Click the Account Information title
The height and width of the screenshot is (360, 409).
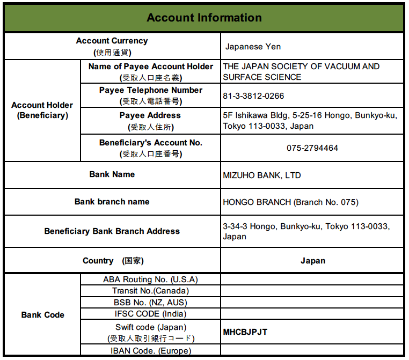coord(204,18)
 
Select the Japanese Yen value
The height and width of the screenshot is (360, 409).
coord(252,47)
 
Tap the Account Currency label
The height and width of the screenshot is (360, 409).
coord(112,41)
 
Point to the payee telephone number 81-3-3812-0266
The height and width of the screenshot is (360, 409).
coord(253,96)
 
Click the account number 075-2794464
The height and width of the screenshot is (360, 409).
coord(312,148)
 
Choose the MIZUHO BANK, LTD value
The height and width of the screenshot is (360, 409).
coord(261,175)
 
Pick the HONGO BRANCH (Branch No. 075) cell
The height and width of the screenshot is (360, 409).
coord(290,202)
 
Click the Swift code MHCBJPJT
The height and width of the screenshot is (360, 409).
coord(245,332)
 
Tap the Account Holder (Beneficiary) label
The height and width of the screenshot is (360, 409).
coord(42,110)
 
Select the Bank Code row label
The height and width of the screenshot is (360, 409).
coord(42,315)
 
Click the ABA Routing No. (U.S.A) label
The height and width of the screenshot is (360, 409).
coord(150,280)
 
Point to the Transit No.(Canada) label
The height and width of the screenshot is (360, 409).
coord(150,291)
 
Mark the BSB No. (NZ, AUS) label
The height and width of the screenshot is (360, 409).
coord(150,303)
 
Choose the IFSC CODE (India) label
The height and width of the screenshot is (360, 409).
coord(150,314)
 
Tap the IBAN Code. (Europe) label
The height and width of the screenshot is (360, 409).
coord(150,351)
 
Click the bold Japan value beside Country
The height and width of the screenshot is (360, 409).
coord(312,261)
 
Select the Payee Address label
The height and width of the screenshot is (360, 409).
coord(150,115)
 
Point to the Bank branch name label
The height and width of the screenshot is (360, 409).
coord(112,202)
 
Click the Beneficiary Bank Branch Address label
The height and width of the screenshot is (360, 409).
coord(112,231)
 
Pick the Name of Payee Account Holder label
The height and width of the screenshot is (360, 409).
coord(150,67)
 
